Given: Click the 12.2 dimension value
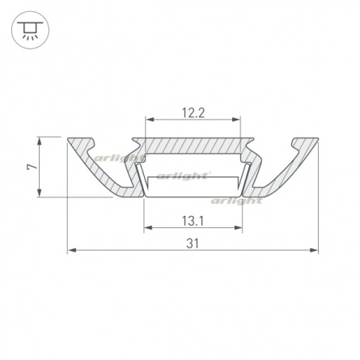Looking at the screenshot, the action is (193, 112).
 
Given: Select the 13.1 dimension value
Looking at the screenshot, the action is (193, 221).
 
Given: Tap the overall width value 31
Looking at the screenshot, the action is (193, 244).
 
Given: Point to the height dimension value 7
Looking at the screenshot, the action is (32, 167).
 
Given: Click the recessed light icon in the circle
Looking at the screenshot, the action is (30, 30).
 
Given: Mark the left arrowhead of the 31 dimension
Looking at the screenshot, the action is (72, 250).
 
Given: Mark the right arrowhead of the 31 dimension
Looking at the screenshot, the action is (314, 250).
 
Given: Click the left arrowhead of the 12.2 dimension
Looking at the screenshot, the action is (150, 119).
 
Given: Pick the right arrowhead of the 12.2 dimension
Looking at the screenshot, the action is (236, 119).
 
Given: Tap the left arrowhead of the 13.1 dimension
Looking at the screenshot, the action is (148, 227).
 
